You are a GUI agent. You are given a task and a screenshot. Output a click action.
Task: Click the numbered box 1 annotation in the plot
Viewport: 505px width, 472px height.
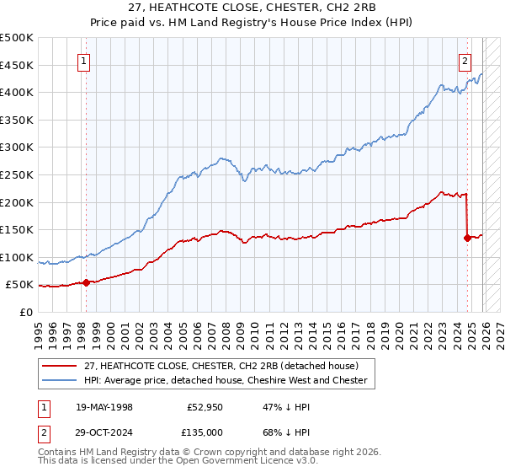tap(85, 61)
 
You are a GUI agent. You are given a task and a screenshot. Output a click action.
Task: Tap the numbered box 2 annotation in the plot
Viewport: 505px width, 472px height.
tap(465, 61)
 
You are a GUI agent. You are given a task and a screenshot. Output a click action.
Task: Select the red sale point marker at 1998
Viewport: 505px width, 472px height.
tap(86, 282)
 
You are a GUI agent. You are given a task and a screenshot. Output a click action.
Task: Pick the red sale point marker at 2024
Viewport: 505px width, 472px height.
tap(467, 238)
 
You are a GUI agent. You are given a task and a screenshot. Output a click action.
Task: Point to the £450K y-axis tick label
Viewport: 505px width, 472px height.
tap(17, 65)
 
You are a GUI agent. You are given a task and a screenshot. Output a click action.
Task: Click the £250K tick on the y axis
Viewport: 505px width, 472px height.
tap(17, 174)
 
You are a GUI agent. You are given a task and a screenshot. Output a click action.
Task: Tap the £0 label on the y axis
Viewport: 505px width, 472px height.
tap(26, 312)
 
